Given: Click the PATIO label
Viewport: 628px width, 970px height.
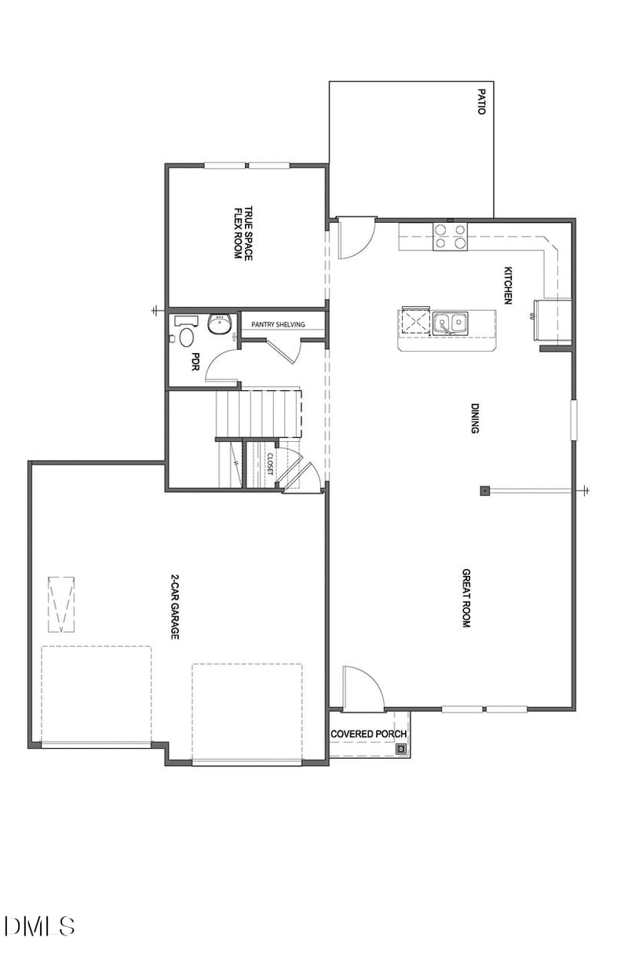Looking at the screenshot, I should (482, 101).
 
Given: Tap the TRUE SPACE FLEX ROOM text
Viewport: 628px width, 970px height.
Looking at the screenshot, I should (243, 233).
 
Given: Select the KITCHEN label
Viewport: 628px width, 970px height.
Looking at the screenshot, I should (508, 286).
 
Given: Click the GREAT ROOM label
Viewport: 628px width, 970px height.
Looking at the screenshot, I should (465, 598).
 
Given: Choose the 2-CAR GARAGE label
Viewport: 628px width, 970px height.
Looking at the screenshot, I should (175, 608).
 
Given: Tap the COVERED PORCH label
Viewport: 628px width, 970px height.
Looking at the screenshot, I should (368, 735).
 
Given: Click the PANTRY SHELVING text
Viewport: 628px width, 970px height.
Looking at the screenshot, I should (278, 325).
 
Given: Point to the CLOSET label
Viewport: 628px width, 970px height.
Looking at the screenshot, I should (269, 464).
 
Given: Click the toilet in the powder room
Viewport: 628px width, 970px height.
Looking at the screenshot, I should (187, 337).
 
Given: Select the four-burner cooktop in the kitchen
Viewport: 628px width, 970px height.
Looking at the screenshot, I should (451, 235).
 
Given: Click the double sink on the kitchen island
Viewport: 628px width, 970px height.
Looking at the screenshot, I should (451, 322).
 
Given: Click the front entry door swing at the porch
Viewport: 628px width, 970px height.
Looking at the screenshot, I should (363, 687).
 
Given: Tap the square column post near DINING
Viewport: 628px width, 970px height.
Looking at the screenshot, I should (484, 491).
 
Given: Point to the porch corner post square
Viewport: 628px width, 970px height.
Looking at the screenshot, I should (401, 749).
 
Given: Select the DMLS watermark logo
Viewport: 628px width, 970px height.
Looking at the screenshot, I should (39, 925).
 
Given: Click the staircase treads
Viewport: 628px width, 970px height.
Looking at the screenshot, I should (259, 412).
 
